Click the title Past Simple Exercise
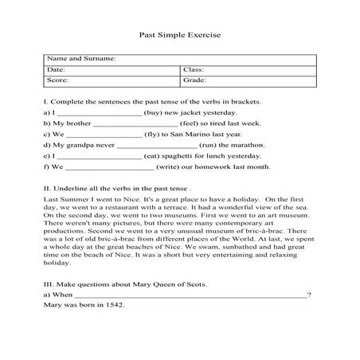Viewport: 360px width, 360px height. [179, 36]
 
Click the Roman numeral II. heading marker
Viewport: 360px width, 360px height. [47, 186]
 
